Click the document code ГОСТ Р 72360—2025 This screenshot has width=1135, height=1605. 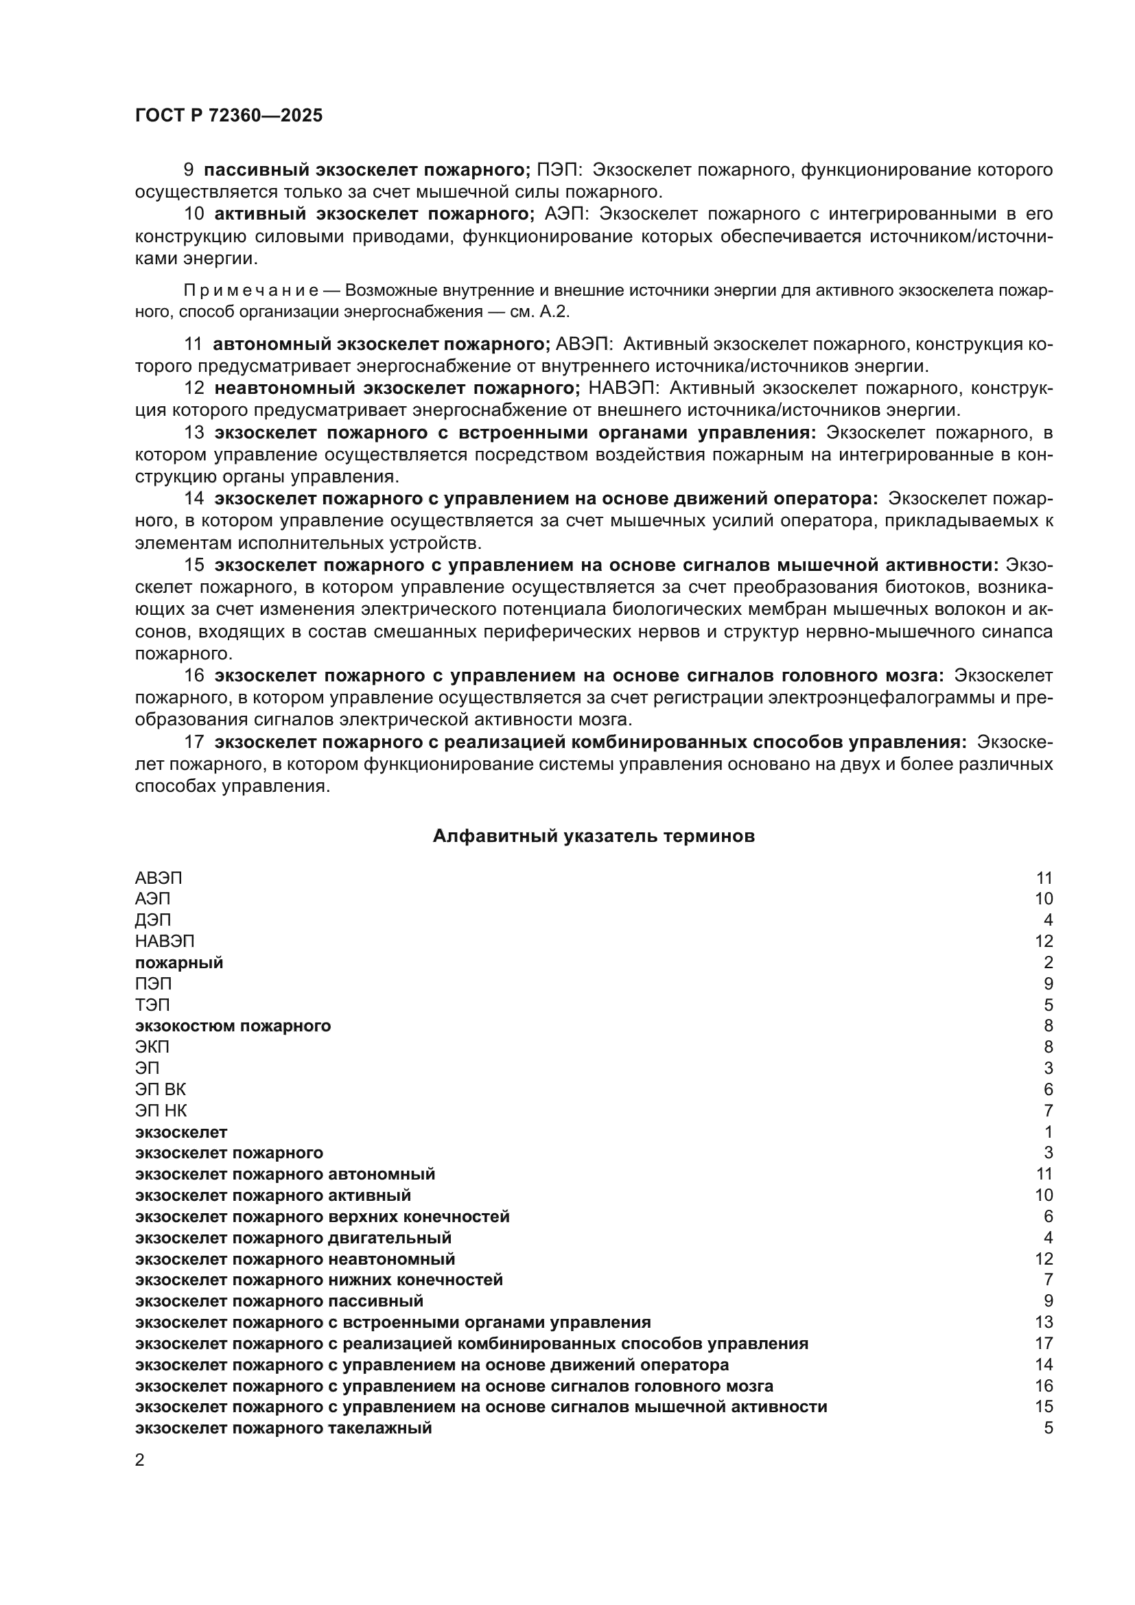[229, 115]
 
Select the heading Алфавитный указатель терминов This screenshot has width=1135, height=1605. [594, 836]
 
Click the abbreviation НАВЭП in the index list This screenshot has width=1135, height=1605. [164, 941]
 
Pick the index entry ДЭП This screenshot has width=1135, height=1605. [152, 920]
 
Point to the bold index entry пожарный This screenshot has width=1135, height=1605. [179, 963]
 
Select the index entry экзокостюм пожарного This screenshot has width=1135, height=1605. [233, 1025]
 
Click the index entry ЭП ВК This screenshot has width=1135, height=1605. [160, 1089]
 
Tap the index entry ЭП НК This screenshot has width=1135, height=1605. [161, 1110]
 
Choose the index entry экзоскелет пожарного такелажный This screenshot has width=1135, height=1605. [283, 1428]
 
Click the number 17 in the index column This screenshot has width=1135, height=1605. [1044, 1344]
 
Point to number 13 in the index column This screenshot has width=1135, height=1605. [1044, 1322]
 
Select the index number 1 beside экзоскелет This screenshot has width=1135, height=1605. [1049, 1132]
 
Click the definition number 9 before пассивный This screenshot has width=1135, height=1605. [189, 170]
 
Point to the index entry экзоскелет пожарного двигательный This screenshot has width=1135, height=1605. [293, 1237]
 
